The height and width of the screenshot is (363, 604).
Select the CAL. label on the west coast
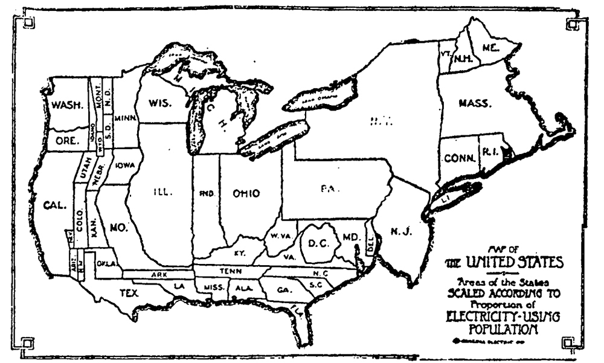(x=55, y=205)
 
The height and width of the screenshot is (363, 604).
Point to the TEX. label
(x=128, y=293)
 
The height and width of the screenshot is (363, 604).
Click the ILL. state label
(x=163, y=193)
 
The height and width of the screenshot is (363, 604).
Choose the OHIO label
(x=246, y=194)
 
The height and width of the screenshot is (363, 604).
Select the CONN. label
(x=457, y=159)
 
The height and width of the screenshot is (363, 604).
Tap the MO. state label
(x=117, y=228)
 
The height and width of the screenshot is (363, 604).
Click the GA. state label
(x=284, y=290)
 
